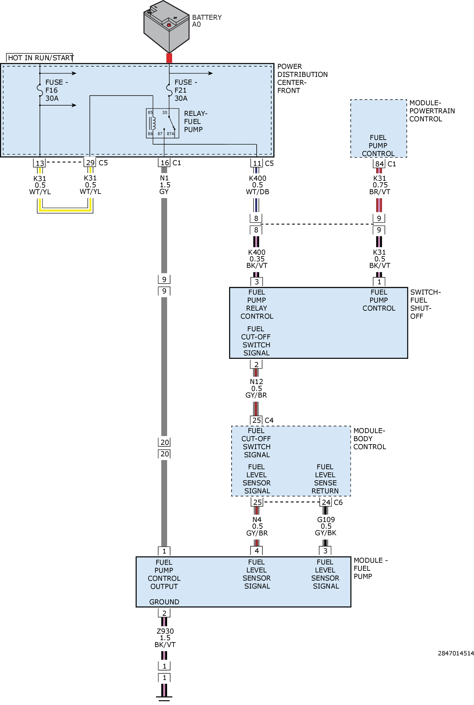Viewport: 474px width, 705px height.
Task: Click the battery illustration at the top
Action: coord(166,27)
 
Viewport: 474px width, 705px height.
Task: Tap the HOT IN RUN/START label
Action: coord(41,58)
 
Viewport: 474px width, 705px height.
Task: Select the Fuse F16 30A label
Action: coord(56,90)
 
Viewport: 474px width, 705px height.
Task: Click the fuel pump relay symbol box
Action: coord(162,123)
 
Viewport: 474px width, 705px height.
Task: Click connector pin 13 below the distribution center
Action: coord(40,163)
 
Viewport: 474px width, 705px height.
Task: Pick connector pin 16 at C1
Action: coord(164,163)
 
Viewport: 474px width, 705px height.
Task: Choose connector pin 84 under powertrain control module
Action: coord(379,164)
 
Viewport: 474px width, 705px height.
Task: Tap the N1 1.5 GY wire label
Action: coord(165,185)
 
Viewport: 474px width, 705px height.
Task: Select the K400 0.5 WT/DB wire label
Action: coord(257,185)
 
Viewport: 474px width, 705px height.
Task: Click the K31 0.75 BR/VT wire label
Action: coord(380,185)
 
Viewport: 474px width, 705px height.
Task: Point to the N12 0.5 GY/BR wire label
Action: coord(256,388)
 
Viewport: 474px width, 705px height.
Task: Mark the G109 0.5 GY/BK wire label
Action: coord(326,526)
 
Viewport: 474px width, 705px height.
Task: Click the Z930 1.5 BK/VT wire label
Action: coord(165,638)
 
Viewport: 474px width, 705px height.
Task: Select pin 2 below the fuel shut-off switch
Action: coord(256,365)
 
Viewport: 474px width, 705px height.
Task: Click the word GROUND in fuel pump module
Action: coord(164,602)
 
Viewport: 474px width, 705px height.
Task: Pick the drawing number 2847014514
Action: coord(456,653)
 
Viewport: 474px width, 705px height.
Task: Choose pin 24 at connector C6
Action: coord(326,502)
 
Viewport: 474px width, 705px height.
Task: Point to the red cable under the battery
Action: coord(169,58)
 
